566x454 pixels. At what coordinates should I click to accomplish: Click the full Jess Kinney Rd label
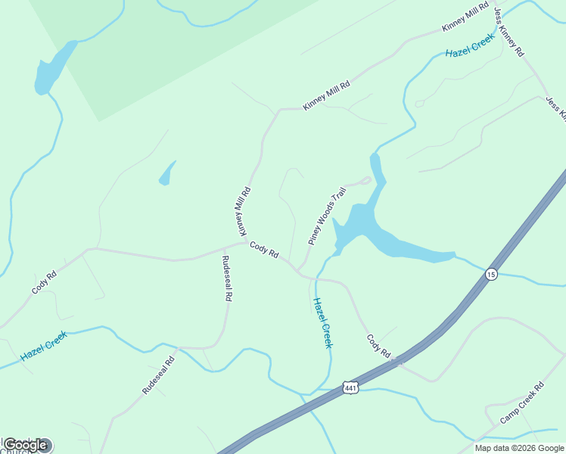(508, 34)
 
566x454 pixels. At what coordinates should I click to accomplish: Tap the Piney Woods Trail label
(327, 216)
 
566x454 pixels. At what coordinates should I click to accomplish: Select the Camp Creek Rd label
(521, 403)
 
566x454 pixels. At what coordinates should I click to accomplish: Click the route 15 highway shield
(492, 274)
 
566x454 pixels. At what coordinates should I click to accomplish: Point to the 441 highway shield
(350, 387)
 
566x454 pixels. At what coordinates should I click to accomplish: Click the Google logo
(26, 445)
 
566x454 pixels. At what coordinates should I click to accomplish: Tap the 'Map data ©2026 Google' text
(519, 448)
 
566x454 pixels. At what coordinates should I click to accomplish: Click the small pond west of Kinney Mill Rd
(166, 174)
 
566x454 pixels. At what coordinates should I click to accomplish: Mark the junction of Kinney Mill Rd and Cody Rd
(248, 242)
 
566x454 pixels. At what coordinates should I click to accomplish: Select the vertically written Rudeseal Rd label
(226, 279)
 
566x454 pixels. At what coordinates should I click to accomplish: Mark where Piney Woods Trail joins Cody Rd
(299, 271)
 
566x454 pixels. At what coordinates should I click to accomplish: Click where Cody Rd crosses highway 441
(397, 362)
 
